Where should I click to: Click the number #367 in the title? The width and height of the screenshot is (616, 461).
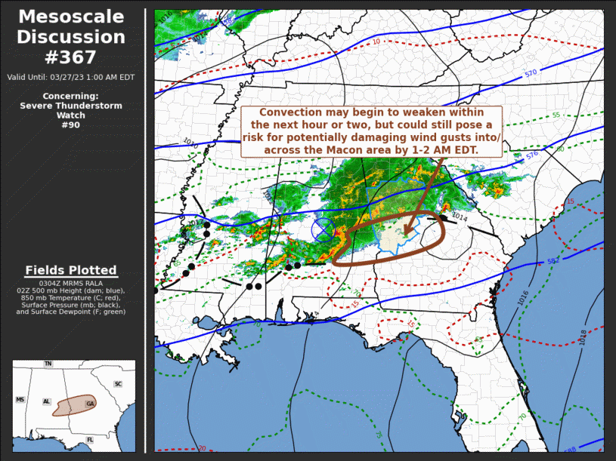(71, 57)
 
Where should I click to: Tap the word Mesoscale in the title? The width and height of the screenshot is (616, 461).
(71, 17)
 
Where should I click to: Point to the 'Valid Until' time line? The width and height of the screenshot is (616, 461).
(71, 77)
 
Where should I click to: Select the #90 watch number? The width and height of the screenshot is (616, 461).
(71, 125)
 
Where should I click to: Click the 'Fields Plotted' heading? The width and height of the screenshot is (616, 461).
(71, 270)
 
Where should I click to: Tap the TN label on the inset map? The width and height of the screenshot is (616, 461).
(48, 364)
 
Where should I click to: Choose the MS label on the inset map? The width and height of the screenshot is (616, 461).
(20, 400)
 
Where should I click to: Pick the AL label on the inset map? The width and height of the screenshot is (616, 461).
(47, 402)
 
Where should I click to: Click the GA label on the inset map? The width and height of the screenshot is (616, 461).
(90, 404)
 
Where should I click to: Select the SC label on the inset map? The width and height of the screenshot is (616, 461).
(118, 384)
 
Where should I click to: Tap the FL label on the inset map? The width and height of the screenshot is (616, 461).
(89, 439)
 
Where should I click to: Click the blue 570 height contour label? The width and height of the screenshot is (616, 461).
(531, 73)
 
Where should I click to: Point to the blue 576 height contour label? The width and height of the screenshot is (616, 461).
(531, 155)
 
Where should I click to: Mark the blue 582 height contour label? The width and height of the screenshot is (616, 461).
(553, 261)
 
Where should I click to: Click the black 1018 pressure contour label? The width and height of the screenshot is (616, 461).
(583, 337)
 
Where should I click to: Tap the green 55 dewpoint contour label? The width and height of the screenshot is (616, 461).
(556, 115)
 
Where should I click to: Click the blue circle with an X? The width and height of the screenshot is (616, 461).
(324, 229)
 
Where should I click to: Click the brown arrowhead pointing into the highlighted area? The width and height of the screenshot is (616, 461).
(407, 230)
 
